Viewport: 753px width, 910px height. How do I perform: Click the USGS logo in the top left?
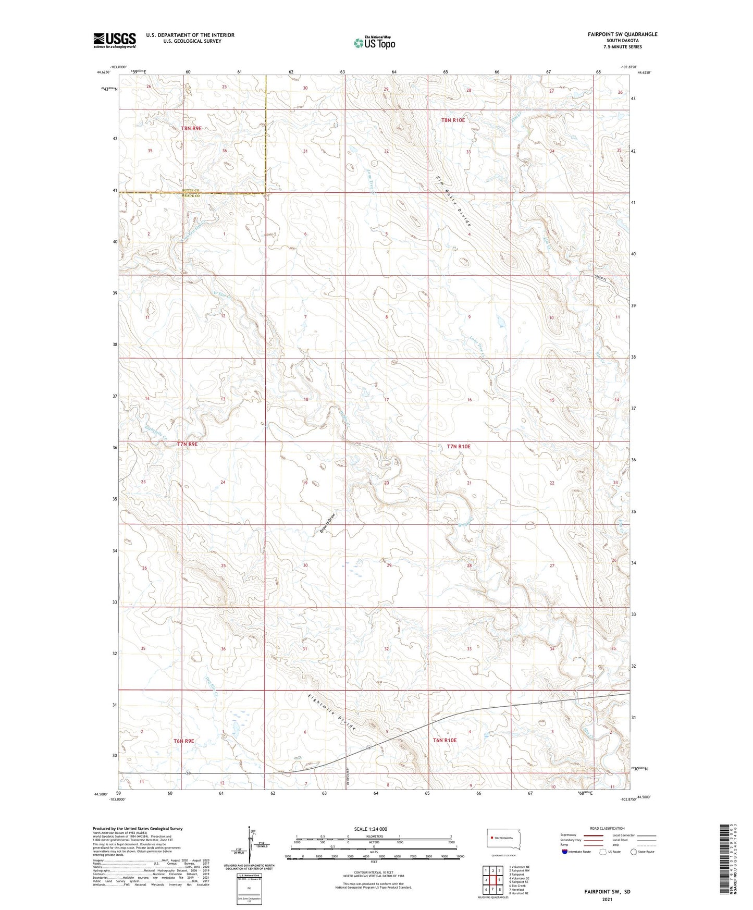click(114, 40)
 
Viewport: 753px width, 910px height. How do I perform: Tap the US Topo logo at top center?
click(374, 43)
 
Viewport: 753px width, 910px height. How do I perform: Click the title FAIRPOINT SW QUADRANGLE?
click(613, 34)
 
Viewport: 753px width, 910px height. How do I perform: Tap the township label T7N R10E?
click(459, 447)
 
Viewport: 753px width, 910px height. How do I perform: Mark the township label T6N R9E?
click(184, 741)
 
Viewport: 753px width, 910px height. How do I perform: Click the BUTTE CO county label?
click(191, 190)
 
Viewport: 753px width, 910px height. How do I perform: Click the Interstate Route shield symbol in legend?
click(565, 852)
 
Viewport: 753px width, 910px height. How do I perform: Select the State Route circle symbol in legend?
click(634, 852)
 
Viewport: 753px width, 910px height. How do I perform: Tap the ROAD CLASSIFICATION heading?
click(607, 828)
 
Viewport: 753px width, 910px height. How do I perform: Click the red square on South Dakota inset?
click(491, 838)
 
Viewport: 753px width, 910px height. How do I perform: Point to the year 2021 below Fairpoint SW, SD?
click(607, 899)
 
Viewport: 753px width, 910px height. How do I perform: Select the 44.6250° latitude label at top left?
click(103, 72)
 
